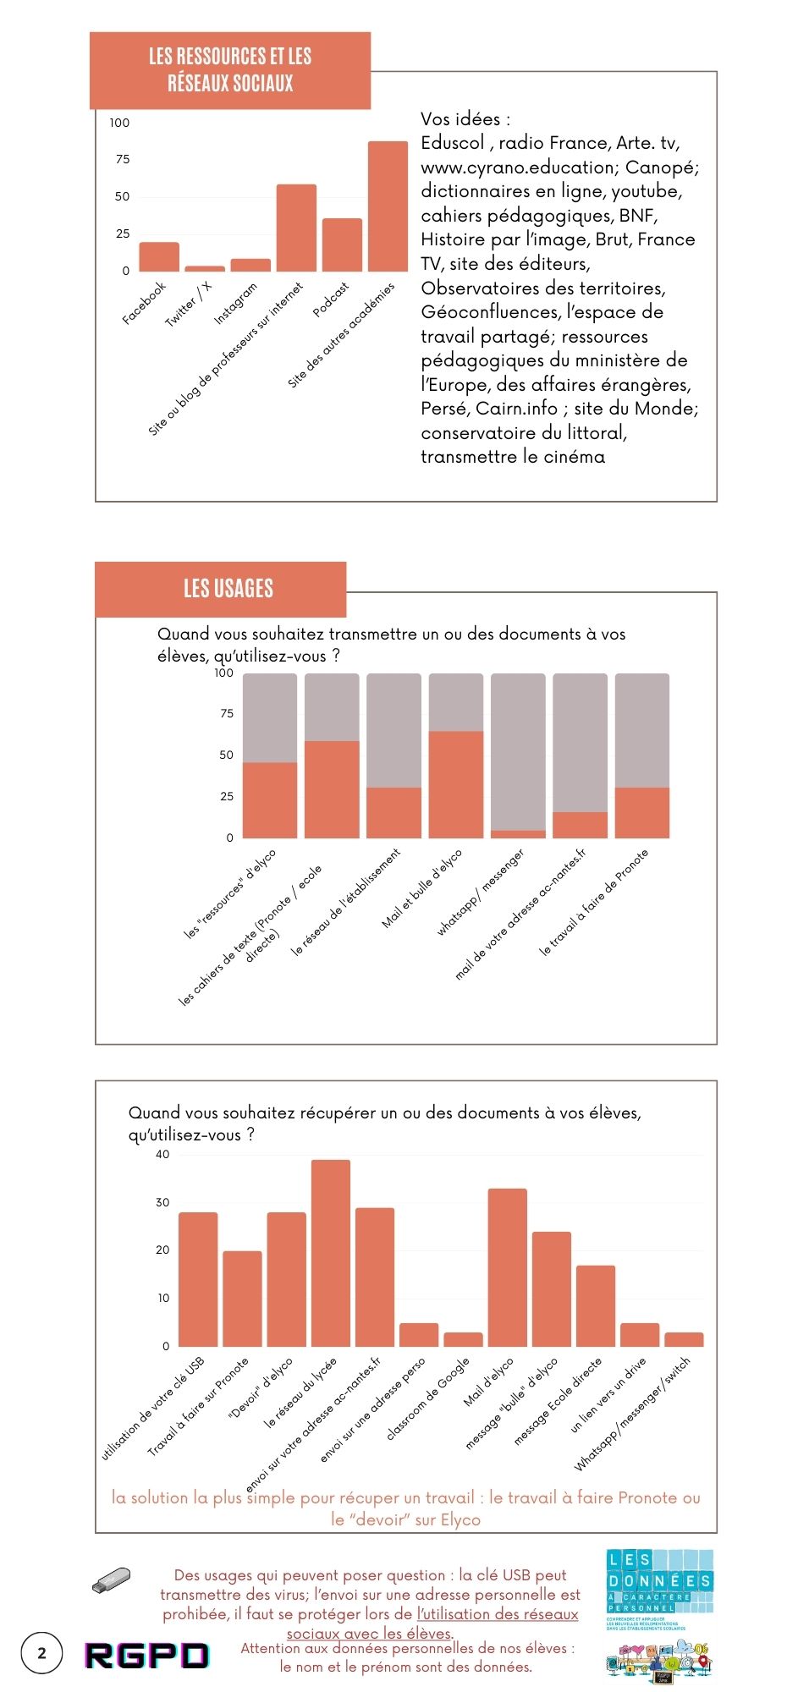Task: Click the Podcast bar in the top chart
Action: coord(342,244)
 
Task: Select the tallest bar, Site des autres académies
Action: coord(388,206)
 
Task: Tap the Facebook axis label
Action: coord(144,303)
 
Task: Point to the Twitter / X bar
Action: coord(205,268)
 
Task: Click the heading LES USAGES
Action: coord(228,589)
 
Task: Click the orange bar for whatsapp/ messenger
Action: coord(518,834)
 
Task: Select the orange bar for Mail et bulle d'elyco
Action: coord(456,784)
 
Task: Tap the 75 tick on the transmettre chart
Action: coord(226,714)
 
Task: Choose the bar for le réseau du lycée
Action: coord(330,1253)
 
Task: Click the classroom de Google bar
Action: coord(463,1339)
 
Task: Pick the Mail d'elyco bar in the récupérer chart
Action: coord(507,1267)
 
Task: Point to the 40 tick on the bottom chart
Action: coord(162,1155)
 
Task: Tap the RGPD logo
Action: coord(146,1656)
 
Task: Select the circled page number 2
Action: coord(42,1653)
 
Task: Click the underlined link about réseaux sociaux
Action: coord(497,1614)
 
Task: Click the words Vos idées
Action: coord(465,119)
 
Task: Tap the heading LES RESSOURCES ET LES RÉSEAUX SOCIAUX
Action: coord(230,70)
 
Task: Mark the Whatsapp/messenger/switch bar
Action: coord(684,1339)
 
